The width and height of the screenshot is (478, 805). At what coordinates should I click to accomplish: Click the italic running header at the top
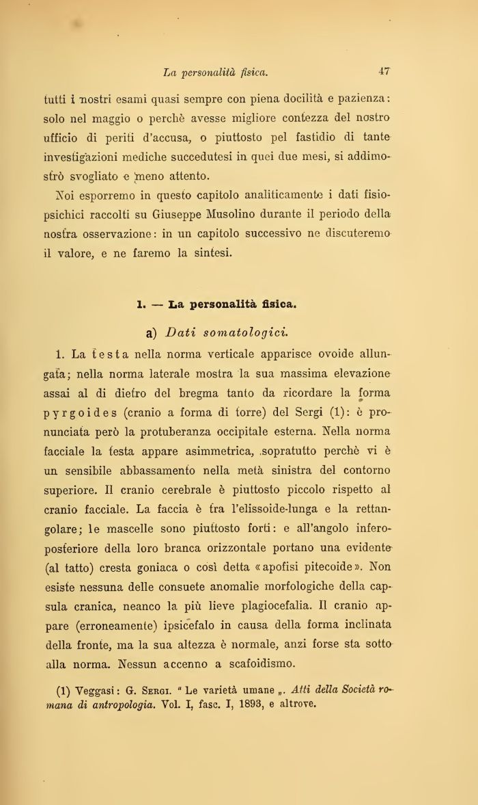pyautogui.click(x=216, y=71)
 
